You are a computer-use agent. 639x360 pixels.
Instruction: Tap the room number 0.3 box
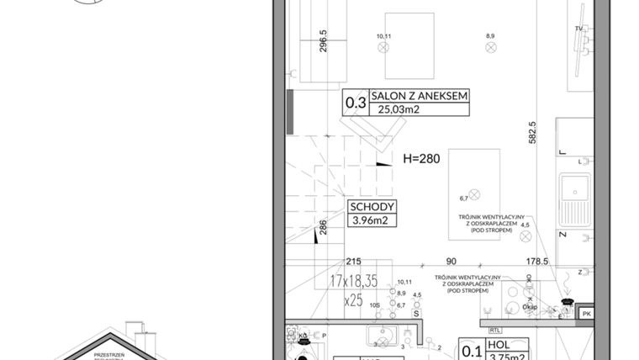click(x=356, y=103)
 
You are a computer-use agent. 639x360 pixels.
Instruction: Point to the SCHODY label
click(x=372, y=208)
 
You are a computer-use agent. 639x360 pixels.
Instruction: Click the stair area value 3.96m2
click(x=372, y=222)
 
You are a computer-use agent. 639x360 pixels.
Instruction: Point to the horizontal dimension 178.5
click(x=537, y=262)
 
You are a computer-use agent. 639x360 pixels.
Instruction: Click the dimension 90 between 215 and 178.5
click(x=452, y=262)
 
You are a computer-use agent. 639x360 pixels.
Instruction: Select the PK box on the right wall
click(x=587, y=314)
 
